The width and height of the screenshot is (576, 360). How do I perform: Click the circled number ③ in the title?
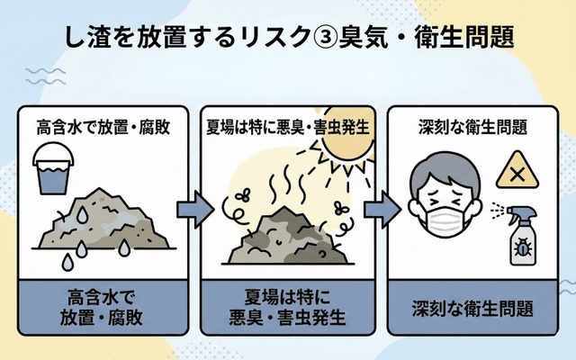[318, 36]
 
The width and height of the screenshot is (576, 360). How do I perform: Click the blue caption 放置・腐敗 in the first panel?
[101, 318]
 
